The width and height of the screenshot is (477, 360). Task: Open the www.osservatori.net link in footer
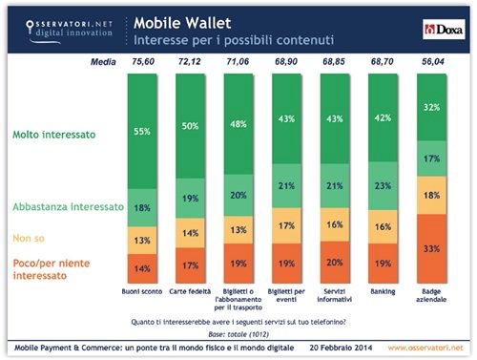pyautogui.click(x=427, y=345)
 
